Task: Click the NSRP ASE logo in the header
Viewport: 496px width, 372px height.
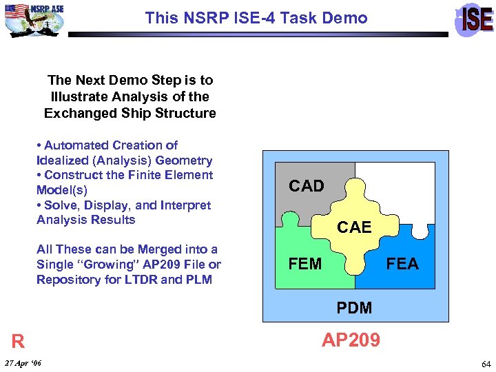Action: point(34,19)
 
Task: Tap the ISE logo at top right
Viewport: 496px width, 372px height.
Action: point(475,19)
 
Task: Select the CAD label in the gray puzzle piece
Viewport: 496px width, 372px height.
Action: point(307,186)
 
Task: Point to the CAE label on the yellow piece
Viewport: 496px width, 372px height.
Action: point(354,227)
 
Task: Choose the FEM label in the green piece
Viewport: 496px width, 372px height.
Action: point(305,264)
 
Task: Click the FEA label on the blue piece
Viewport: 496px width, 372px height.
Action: point(402,264)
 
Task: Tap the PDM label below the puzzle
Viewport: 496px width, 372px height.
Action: point(354,308)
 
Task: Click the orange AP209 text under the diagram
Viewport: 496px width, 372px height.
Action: point(351,340)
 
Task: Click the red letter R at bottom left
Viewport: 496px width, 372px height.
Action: point(18,342)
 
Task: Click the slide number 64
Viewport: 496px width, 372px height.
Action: point(486,364)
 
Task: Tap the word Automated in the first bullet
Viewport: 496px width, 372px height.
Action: point(75,145)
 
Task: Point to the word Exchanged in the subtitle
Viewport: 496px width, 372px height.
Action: point(76,113)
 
